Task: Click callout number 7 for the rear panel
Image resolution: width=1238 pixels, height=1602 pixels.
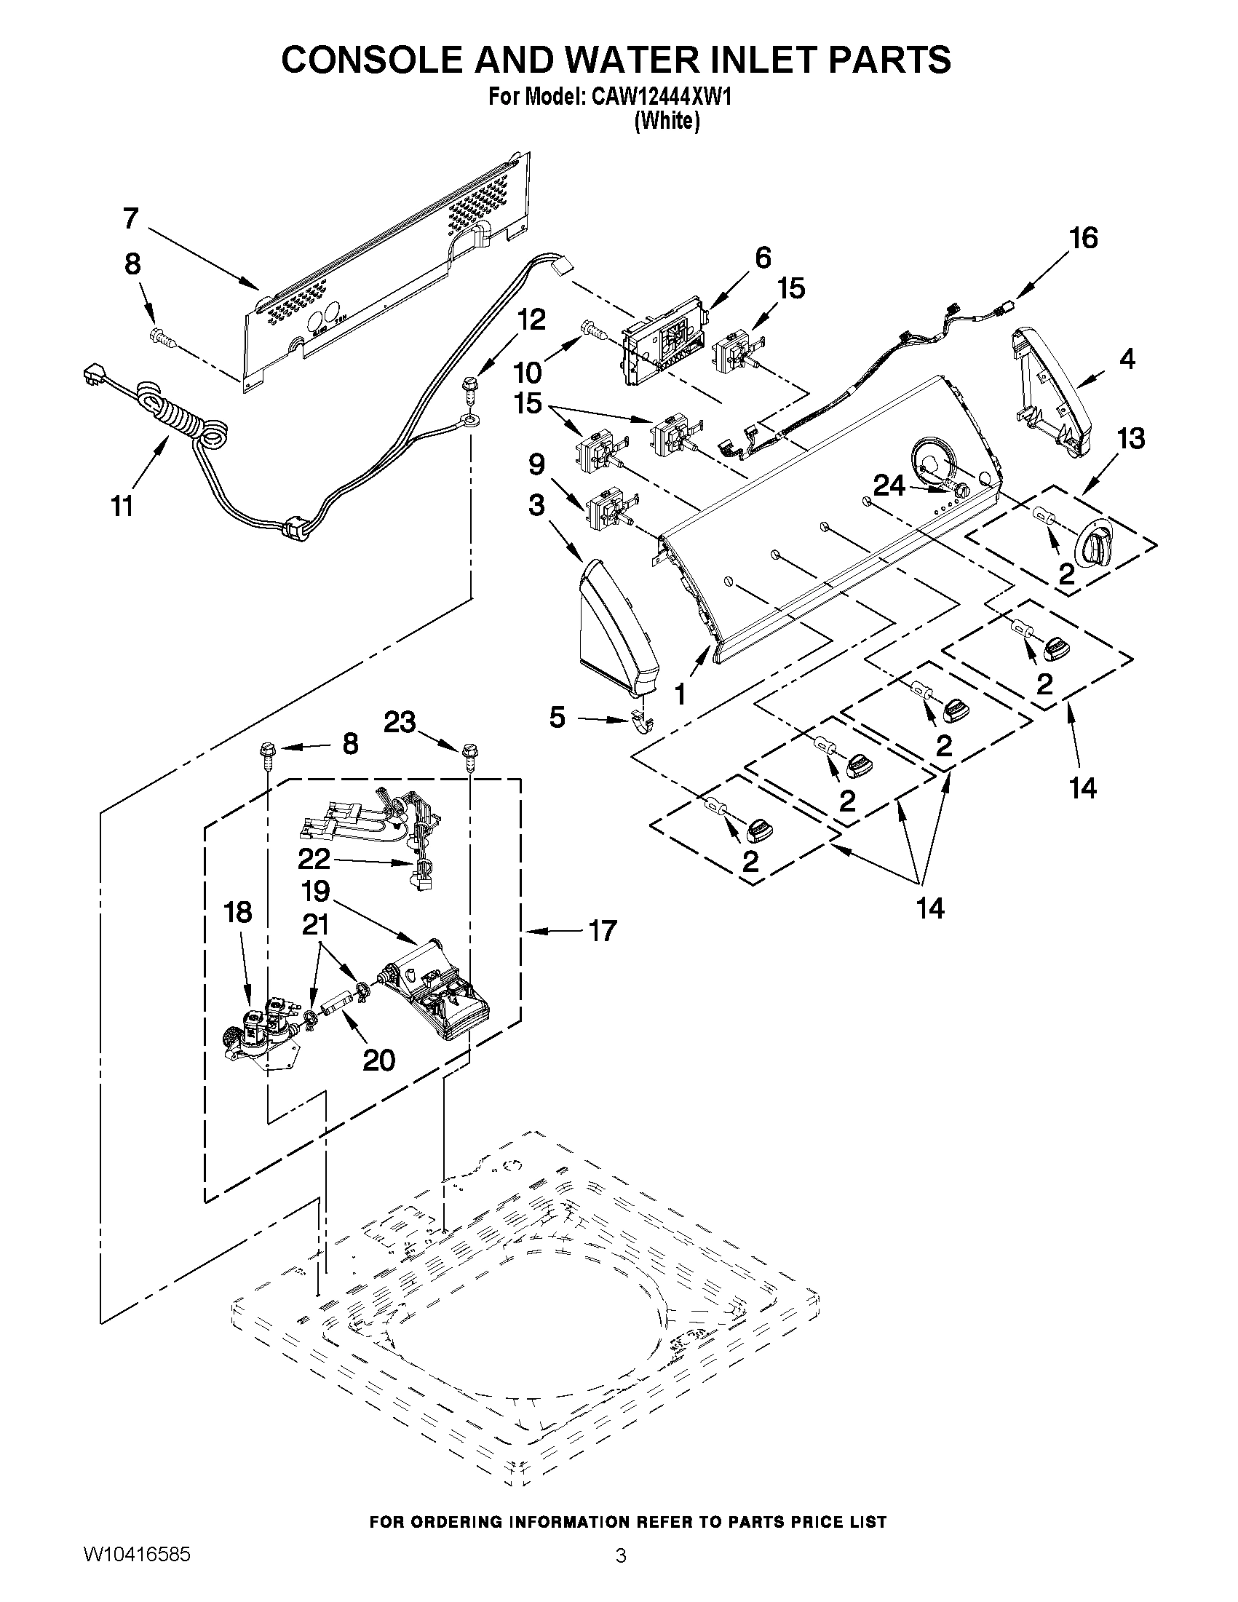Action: [x=130, y=218]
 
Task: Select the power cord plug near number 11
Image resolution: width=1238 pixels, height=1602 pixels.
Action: [x=94, y=378]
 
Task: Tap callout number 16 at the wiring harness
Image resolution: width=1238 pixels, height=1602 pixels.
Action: [x=1083, y=239]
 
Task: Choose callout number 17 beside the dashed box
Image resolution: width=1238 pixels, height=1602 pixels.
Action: [x=602, y=932]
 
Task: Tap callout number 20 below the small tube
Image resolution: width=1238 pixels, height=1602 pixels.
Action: [x=379, y=1060]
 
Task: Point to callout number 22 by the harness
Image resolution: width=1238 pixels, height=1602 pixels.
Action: [x=314, y=858]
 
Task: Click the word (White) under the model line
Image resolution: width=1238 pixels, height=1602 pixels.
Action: [x=666, y=121]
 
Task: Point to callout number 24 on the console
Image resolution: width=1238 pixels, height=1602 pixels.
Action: [x=888, y=485]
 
